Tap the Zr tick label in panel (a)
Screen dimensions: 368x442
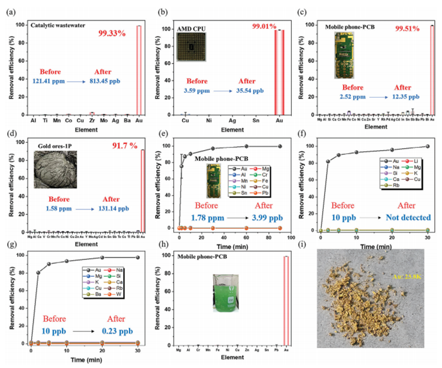tap(91, 121)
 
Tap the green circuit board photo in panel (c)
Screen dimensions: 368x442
tap(344, 55)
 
